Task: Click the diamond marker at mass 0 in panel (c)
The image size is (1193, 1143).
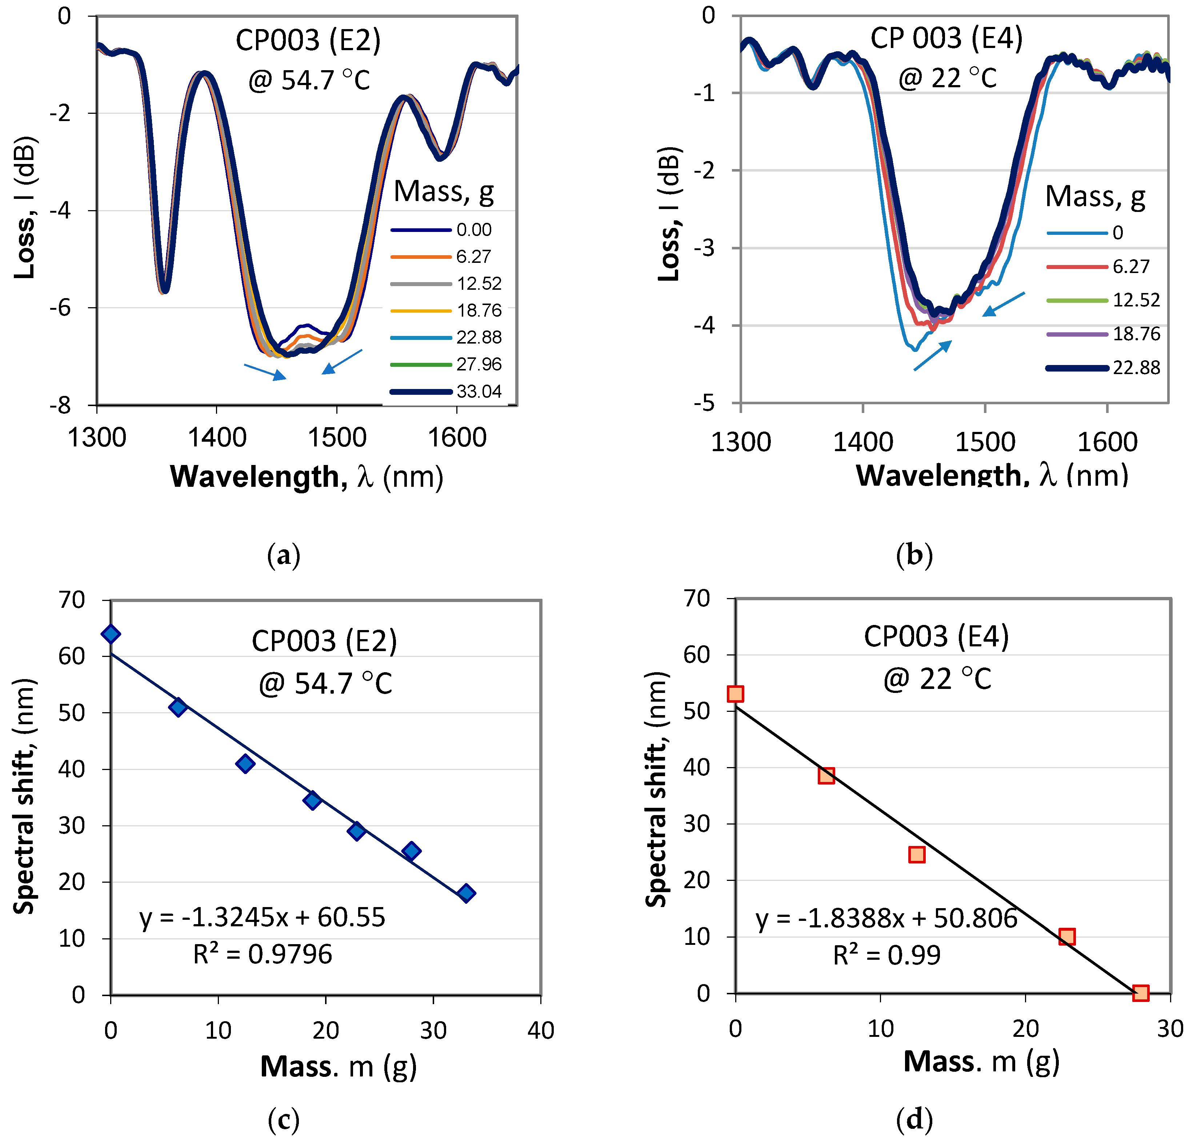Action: tap(111, 634)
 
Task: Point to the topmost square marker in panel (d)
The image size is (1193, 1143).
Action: tap(735, 694)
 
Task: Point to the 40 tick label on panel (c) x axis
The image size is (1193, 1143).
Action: tap(540, 1030)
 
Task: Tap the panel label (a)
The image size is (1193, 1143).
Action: tap(284, 556)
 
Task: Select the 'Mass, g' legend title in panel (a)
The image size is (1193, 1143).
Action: tap(444, 192)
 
